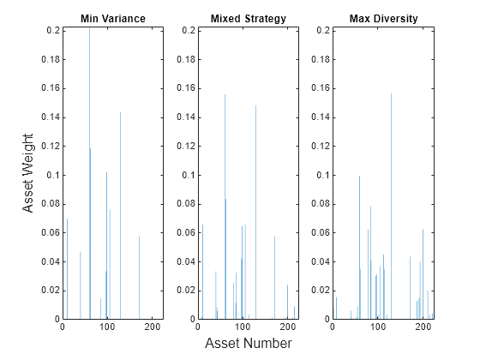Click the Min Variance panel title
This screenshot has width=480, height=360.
pos(112,18)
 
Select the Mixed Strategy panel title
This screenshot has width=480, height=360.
pos(248,18)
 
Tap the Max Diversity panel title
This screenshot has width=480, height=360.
pos(383,18)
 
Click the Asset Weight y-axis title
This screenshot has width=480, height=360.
pos(27,174)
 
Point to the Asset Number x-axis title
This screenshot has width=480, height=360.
pos(248,344)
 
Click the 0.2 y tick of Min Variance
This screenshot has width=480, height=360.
pos(50,30)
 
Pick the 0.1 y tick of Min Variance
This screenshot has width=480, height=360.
pos(50,175)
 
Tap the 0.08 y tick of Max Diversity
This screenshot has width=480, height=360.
pos(318,204)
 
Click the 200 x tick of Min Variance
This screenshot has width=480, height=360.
pos(153,327)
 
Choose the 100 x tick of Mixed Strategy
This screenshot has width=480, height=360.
pos(243,327)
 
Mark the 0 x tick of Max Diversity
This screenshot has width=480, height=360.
pos(333,327)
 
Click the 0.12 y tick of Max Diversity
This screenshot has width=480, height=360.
pos(318,146)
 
